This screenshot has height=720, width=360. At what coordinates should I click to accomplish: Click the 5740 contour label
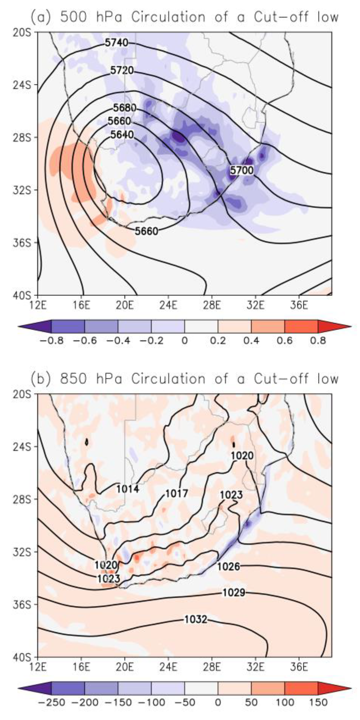(x=116, y=43)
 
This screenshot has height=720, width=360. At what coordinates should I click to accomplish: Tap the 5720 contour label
(x=122, y=70)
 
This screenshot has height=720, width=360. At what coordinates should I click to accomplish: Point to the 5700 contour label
(x=242, y=170)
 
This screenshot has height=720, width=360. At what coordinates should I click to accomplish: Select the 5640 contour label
(x=122, y=135)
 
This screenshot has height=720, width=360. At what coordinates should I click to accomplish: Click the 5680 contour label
(x=125, y=108)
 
